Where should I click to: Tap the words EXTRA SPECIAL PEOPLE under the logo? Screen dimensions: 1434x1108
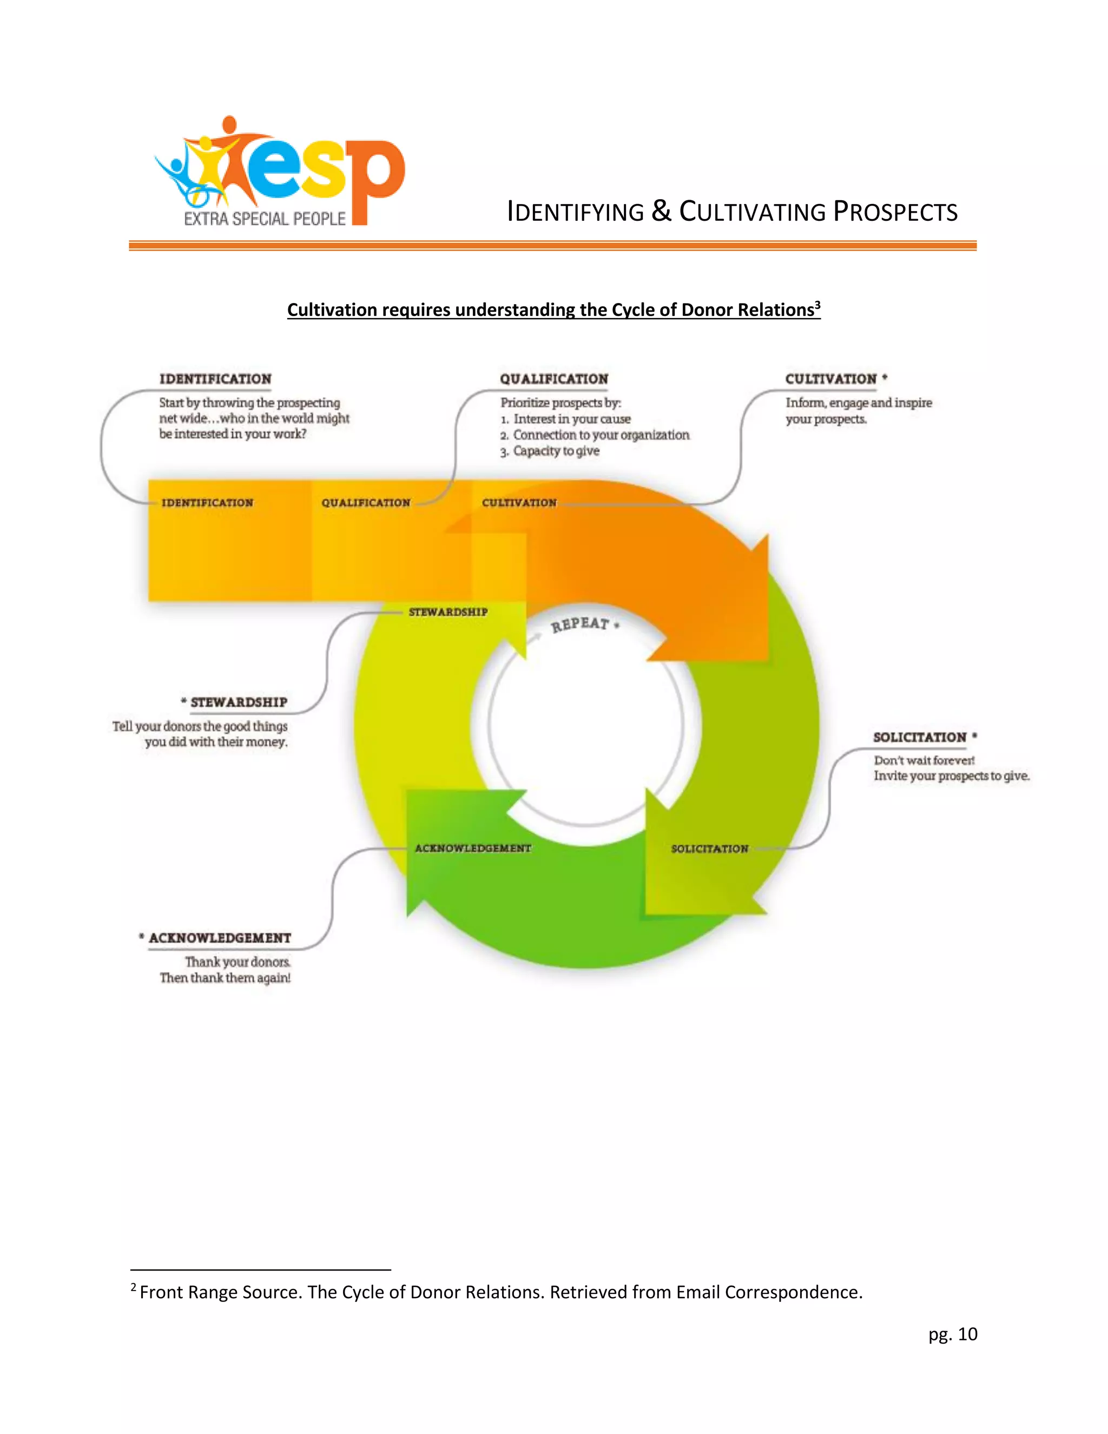point(265,219)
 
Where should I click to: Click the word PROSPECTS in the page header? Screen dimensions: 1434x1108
point(895,212)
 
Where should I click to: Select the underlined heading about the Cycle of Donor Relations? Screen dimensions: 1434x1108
point(553,310)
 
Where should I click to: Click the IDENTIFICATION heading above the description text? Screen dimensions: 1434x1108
point(215,379)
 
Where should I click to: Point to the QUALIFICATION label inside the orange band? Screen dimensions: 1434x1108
point(366,503)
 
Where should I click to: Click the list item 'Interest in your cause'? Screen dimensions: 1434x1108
point(571,419)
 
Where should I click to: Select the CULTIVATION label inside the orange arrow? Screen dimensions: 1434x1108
point(519,503)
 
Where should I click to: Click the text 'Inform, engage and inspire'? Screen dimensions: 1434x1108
point(859,403)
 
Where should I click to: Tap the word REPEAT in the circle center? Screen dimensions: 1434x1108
point(581,624)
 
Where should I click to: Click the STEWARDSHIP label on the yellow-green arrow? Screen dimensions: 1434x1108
point(449,612)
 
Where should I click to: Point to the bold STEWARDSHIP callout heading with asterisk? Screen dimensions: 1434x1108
point(238,702)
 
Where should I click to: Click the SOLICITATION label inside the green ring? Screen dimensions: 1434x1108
point(710,849)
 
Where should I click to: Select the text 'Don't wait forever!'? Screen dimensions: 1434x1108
point(924,760)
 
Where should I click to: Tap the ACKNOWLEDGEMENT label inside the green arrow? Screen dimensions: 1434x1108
point(473,848)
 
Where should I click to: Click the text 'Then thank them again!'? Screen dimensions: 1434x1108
point(225,978)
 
